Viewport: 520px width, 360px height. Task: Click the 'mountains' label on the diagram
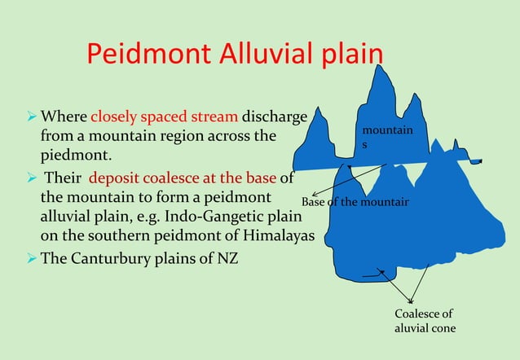click(x=387, y=137)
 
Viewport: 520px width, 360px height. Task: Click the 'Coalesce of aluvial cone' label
click(x=424, y=321)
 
